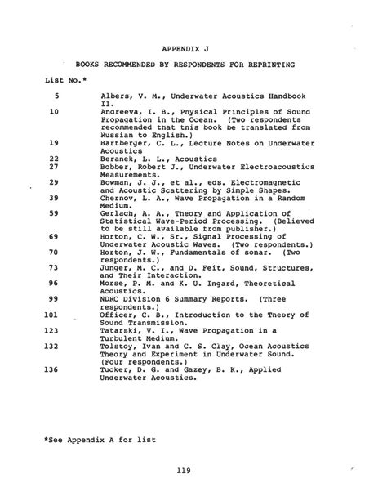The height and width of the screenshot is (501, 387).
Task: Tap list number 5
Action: pos(55,96)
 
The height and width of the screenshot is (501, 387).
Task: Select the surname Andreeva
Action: pos(120,112)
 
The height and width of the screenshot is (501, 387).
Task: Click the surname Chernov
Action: pos(118,197)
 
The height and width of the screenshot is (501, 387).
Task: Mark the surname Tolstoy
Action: pos(118,346)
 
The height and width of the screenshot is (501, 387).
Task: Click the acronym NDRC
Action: pos(110,298)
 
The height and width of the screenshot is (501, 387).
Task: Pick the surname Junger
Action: pos(115,267)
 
